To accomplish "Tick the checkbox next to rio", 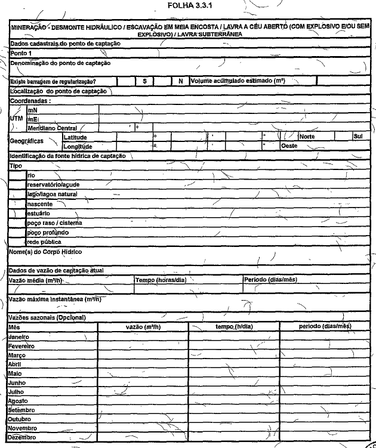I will pyautogui.click(x=17, y=175).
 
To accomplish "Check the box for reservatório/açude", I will pyautogui.click(x=17, y=185).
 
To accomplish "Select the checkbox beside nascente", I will pyautogui.click(x=17, y=203).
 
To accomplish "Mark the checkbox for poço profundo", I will pyautogui.click(x=17, y=232).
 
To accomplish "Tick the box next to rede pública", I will pyautogui.click(x=17, y=242).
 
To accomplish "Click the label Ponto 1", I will pyautogui.click(x=22, y=54).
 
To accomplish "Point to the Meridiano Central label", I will pyautogui.click(x=53, y=128).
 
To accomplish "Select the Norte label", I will pyautogui.click(x=307, y=137).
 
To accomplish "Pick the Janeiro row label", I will pyautogui.click(x=22, y=337).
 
